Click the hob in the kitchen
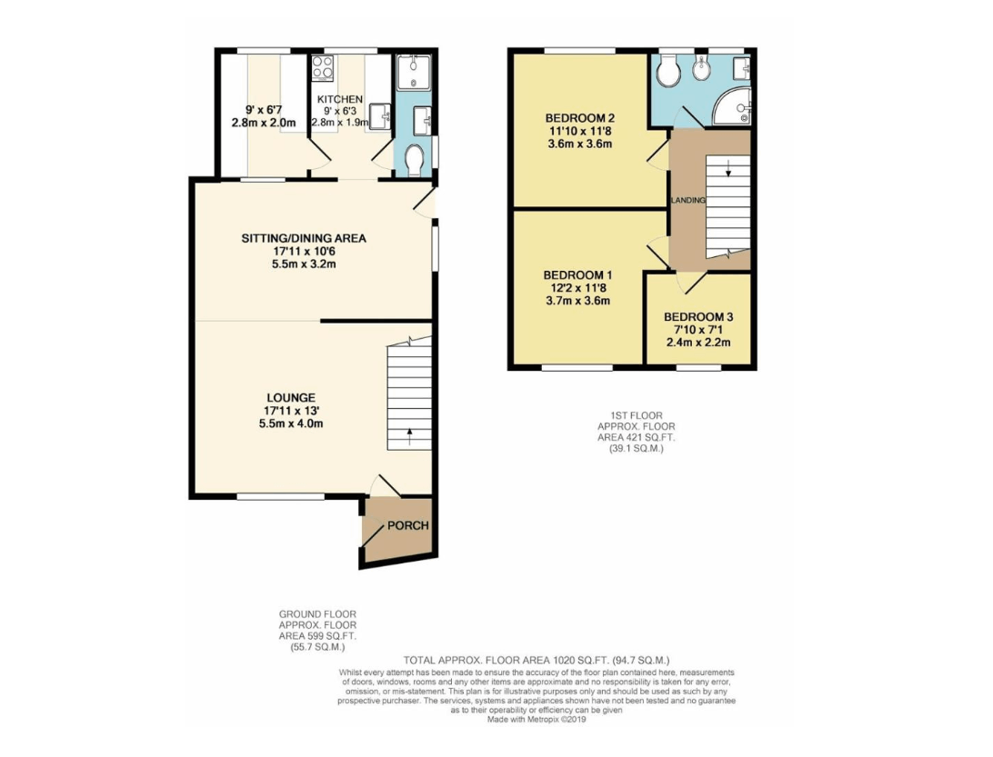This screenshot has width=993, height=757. coord(323,68)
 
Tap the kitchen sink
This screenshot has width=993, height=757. coord(379,115)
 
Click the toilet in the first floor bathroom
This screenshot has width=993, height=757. coord(668,73)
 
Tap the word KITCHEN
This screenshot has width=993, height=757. coord(339,99)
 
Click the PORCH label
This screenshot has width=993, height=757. coord(407,526)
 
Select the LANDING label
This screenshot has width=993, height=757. coord(687,200)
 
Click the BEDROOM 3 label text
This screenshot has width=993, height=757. coord(697,317)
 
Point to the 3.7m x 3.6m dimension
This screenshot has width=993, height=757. coord(577,301)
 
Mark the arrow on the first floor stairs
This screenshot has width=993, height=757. coord(727,169)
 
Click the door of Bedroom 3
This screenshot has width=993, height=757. coord(690,284)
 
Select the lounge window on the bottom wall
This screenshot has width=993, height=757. coord(280,497)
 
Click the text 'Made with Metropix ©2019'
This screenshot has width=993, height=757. coord(537,719)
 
